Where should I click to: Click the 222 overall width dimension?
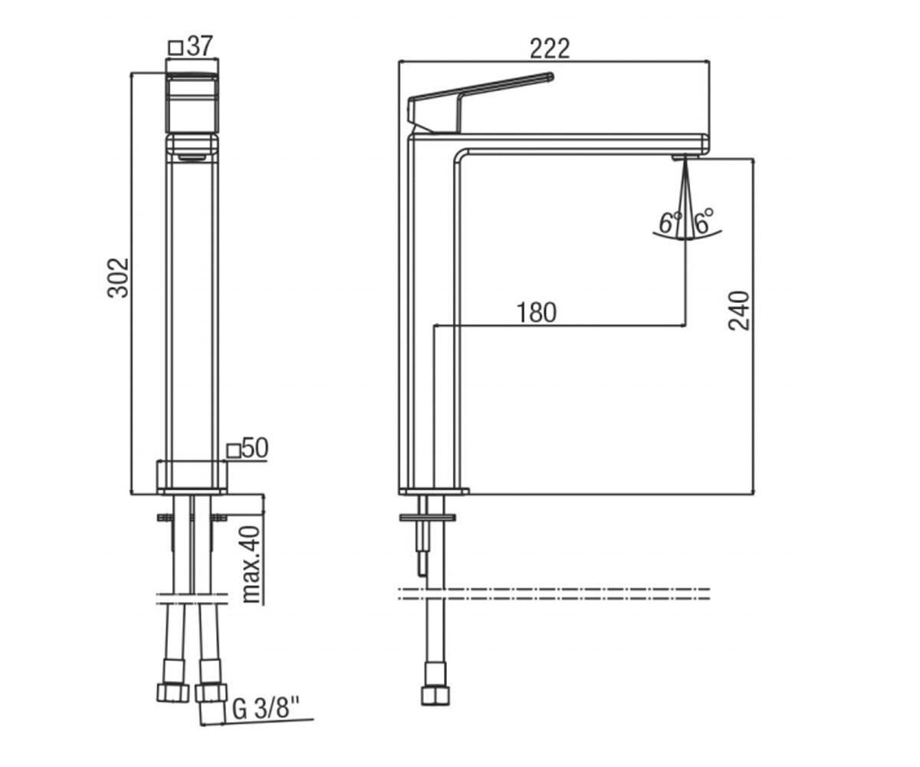550,48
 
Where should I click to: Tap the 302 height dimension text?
118,278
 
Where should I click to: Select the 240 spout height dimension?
738,311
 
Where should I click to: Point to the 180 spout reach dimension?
536,313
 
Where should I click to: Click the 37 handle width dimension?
199,46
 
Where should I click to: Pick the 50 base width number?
255,448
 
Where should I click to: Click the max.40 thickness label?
251,564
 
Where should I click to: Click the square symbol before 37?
176,47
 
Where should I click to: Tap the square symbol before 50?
234,451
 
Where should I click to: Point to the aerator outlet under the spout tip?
685,156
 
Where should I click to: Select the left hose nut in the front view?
173,693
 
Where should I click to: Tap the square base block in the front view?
192,478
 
